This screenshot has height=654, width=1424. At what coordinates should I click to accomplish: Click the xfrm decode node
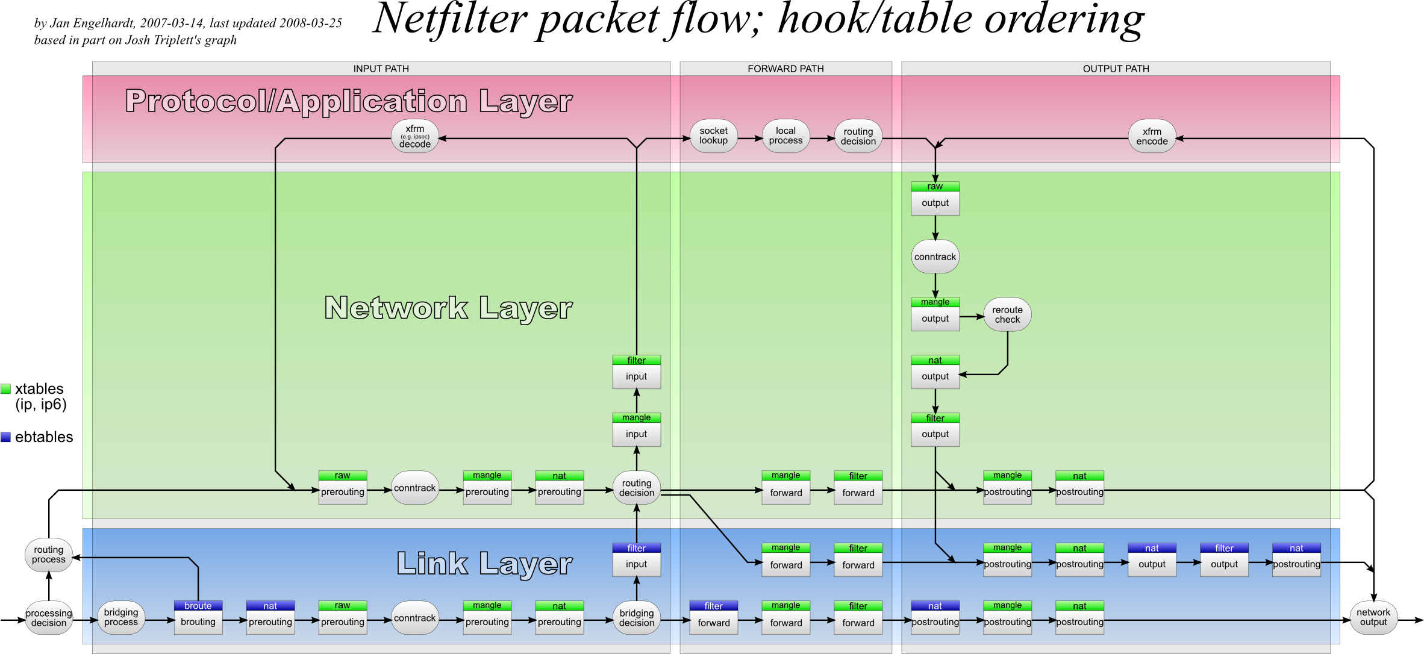click(414, 137)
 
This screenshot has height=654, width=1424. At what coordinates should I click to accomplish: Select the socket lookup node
click(713, 136)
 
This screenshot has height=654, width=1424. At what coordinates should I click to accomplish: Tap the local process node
click(785, 136)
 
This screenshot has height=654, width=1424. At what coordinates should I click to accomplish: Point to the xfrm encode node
click(1152, 137)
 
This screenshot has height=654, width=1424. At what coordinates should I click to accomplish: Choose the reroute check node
click(1007, 315)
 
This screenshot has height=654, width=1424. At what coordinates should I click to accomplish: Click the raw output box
click(935, 199)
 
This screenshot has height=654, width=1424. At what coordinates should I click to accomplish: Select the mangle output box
click(935, 314)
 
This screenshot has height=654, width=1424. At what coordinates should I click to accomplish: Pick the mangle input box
click(636, 430)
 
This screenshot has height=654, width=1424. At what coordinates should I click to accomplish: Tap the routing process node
click(49, 555)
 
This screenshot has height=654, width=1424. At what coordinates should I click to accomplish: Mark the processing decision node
click(49, 618)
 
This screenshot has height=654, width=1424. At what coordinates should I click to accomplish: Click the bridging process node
click(121, 618)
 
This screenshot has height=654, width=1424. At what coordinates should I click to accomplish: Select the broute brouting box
click(198, 618)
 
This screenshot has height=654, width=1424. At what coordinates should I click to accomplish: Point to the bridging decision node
click(636, 618)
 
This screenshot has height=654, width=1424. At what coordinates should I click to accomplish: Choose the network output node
click(1373, 618)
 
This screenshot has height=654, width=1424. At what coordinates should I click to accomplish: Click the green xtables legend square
click(6, 389)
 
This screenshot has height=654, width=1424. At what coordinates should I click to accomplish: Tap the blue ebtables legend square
click(6, 437)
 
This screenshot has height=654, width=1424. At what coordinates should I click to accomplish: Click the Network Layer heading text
click(448, 308)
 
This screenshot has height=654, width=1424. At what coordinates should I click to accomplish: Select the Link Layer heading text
click(484, 564)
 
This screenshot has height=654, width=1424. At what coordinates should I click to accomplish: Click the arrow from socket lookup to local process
click(749, 139)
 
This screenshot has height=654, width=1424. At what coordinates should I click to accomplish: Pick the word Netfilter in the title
click(449, 19)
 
